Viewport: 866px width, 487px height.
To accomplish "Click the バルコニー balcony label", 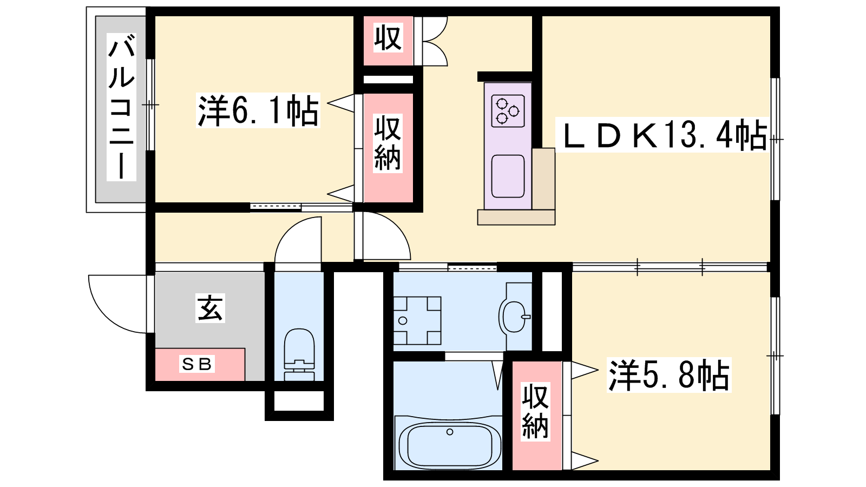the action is coord(121,107).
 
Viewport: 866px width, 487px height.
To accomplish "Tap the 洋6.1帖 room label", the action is coord(258,110).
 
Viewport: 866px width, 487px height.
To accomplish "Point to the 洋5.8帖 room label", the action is coord(669,375).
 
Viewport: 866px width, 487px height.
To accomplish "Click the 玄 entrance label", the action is coord(210,308).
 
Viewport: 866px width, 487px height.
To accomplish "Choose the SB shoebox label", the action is coord(197,364).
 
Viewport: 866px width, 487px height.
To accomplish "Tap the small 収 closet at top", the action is coord(388,37).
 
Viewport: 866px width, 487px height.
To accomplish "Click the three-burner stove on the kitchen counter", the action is coord(508,111).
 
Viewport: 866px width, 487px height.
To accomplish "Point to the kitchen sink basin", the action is coord(508,176).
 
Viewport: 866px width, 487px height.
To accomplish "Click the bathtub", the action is coord(449,443).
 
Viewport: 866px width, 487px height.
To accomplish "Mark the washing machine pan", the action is coord(417,320).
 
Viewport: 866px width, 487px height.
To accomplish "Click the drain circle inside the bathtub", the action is coord(450,432).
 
